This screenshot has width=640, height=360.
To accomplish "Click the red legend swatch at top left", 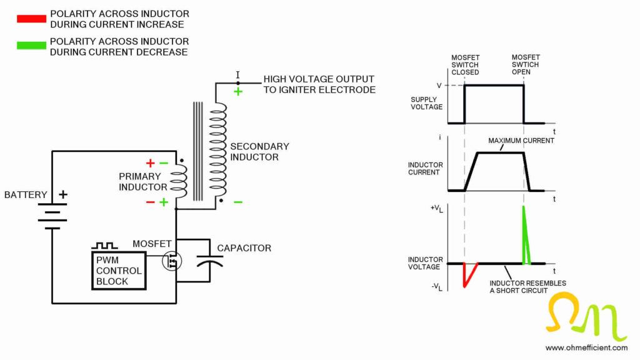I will pyautogui.click(x=31, y=19).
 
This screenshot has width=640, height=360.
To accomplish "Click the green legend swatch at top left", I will pyautogui.click(x=31, y=46).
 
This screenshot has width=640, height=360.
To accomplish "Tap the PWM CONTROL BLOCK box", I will pyautogui.click(x=119, y=271).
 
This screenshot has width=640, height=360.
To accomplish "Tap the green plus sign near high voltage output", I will pyautogui.click(x=238, y=91).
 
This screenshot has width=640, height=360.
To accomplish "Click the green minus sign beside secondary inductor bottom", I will pyautogui.click(x=238, y=202).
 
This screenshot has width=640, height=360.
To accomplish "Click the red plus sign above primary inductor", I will pyautogui.click(x=150, y=163).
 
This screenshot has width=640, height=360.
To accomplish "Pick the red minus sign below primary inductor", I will pyautogui.click(x=150, y=202).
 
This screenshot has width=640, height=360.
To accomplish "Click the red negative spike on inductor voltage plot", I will pyautogui.click(x=467, y=275).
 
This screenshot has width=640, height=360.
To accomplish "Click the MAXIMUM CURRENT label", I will pyautogui.click(x=521, y=141).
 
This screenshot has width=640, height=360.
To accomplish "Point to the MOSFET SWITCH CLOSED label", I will pyautogui.click(x=465, y=64).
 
